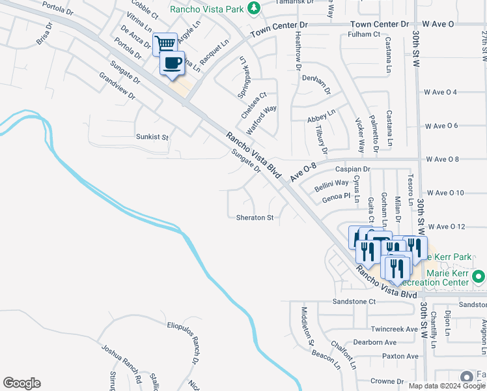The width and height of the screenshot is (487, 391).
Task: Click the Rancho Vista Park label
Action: pos(210,8)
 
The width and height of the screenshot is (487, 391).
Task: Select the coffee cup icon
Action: pos(173,63)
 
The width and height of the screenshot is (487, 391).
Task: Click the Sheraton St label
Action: pos(255,218)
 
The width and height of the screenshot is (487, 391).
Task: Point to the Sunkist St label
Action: pos(152,138)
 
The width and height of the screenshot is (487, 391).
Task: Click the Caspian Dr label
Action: pos(352,169)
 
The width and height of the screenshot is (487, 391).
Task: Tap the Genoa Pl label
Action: pos(337,195)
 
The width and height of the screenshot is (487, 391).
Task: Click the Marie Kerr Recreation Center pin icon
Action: pos(479,276)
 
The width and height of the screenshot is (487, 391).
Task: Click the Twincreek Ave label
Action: pos(394,329)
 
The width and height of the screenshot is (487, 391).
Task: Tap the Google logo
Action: pos(21,383)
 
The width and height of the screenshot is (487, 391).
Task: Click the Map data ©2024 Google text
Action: pos(447,386)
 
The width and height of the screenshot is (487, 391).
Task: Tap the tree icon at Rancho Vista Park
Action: pos(257,8)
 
